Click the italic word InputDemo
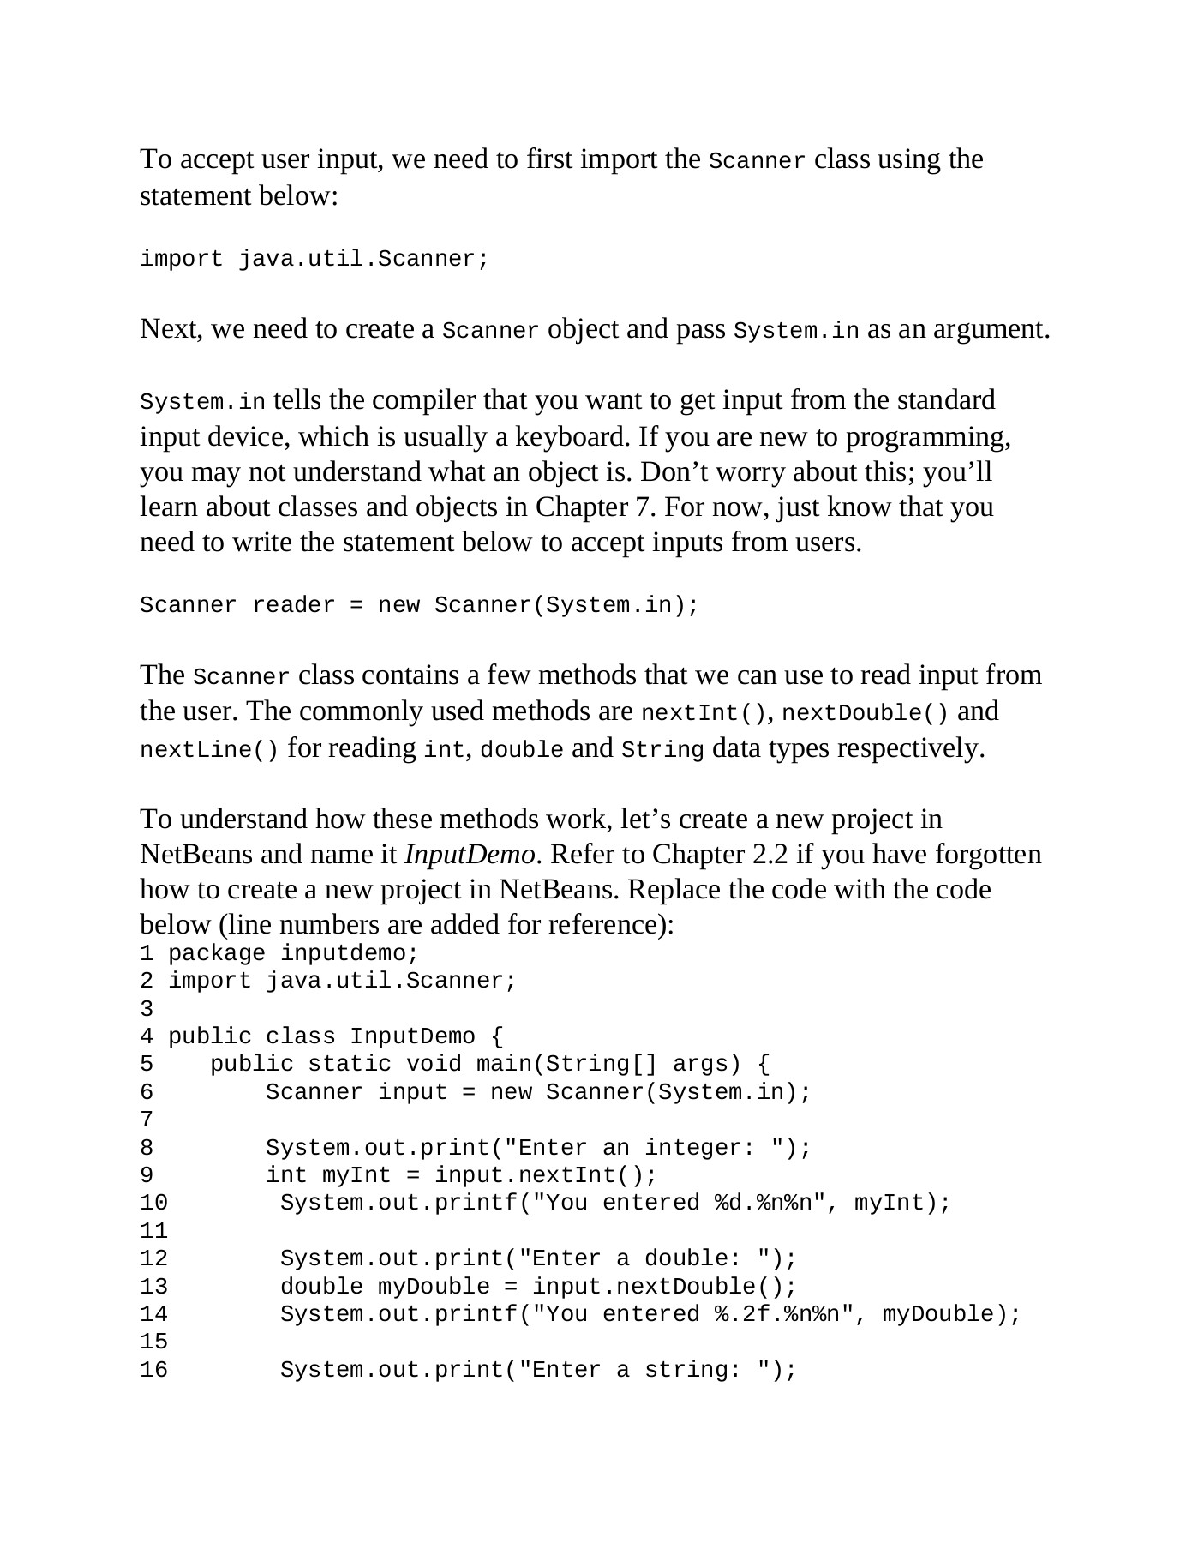click(x=470, y=855)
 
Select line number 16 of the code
click(x=153, y=1370)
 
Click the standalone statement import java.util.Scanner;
click(x=314, y=259)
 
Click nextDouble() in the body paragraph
click(x=866, y=713)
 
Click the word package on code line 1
click(x=217, y=953)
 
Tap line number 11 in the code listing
click(x=153, y=1231)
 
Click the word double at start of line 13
click(x=321, y=1287)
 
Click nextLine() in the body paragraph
click(x=209, y=750)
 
